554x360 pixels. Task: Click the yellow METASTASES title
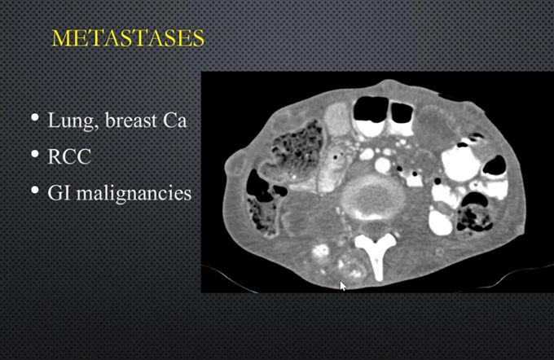(x=128, y=38)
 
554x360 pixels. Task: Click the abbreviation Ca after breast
(x=174, y=121)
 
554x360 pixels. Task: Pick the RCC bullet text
(x=69, y=156)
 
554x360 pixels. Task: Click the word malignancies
(x=134, y=194)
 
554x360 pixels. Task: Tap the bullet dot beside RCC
(x=34, y=154)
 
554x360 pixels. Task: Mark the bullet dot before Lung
(x=34, y=117)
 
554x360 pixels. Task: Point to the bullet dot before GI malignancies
(x=34, y=190)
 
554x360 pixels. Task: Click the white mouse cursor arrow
(x=343, y=286)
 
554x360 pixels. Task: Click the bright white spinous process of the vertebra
(x=376, y=255)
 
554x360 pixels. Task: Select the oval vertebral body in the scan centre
(x=373, y=197)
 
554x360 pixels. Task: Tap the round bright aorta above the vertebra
(x=382, y=165)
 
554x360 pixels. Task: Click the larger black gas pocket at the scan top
(x=371, y=109)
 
